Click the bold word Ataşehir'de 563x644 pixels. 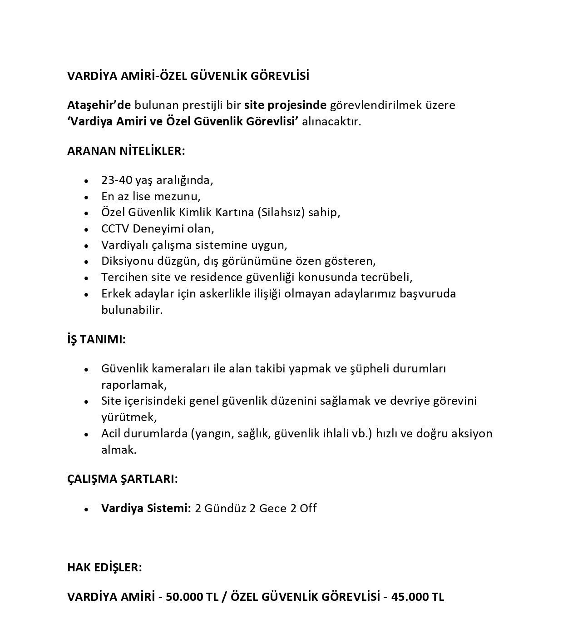point(99,105)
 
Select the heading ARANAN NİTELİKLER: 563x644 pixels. point(126,151)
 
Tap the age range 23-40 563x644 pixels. point(117,180)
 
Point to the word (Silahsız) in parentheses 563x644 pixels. point(281,213)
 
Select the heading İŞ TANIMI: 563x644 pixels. point(96,340)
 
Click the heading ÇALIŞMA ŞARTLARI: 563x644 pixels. point(123,479)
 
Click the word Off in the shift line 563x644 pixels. point(308,508)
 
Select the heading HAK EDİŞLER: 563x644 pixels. point(104,568)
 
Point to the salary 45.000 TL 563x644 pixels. point(417,597)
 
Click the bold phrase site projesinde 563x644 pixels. point(285,105)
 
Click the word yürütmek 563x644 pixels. point(128,417)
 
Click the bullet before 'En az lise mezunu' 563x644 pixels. point(86,197)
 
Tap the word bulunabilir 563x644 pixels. point(131,310)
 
